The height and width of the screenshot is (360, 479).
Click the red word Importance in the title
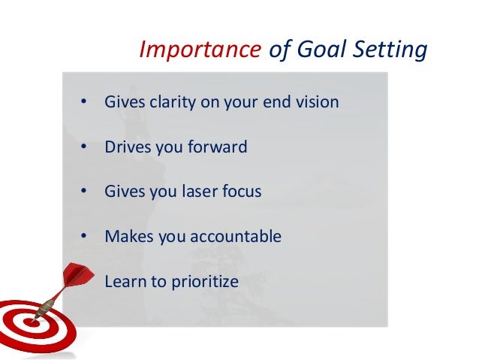(197, 50)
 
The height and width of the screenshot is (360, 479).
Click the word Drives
(127, 147)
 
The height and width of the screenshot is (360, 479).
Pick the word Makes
(128, 237)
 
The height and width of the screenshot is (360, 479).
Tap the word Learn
(125, 282)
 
